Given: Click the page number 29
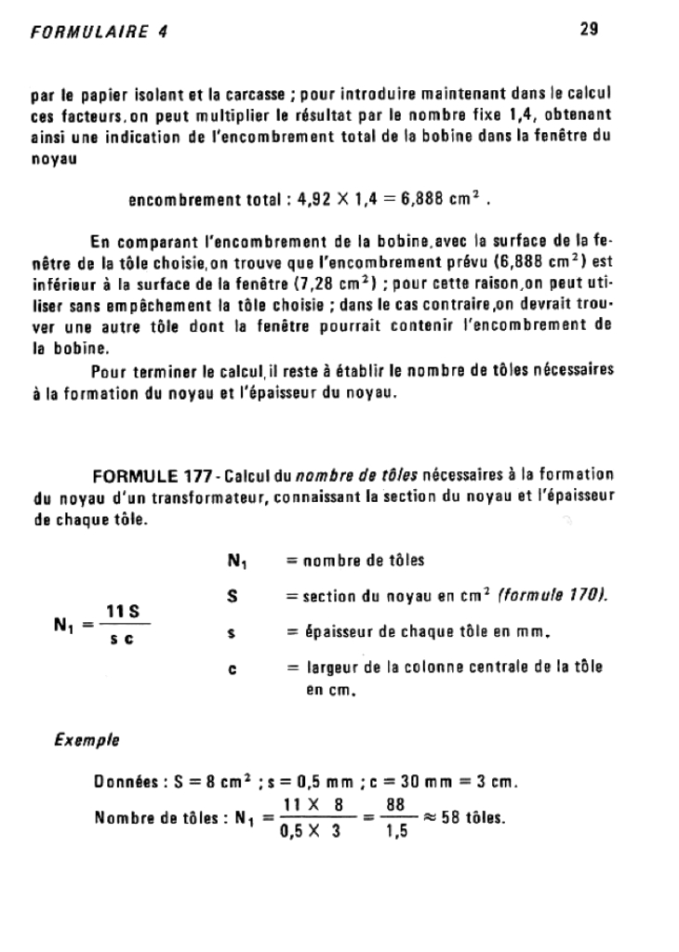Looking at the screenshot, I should tap(588, 29).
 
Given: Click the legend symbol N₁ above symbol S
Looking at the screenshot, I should tap(235, 561).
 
